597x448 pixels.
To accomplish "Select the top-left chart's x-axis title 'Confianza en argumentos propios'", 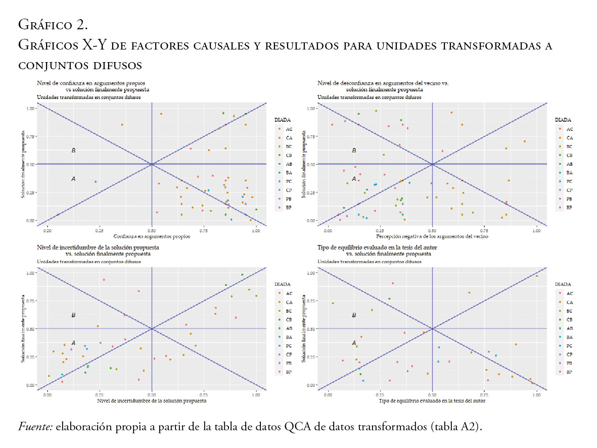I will click(151, 236).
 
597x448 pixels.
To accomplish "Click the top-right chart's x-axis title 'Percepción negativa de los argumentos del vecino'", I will click(432, 236).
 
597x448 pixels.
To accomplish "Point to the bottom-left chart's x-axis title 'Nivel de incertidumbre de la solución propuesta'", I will click(151, 401).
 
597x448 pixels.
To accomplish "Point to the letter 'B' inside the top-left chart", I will click(73, 151).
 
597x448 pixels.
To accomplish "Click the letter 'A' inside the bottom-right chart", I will click(354, 343).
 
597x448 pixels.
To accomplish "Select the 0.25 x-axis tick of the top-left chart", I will click(99, 231).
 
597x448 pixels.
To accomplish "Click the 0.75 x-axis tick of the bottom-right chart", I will click(485, 395).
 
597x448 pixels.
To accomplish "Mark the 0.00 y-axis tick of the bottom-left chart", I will click(30, 385).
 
